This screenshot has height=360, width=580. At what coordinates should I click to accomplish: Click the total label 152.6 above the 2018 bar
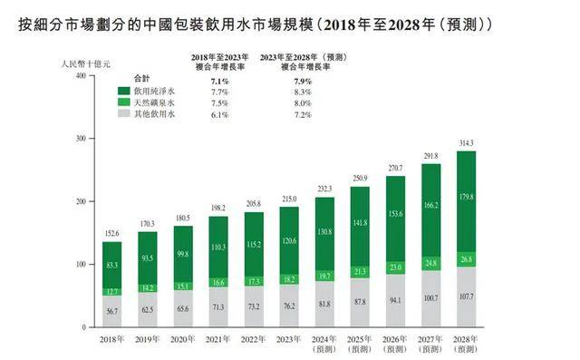click(111, 233)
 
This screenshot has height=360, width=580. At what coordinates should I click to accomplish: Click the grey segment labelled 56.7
click(111, 309)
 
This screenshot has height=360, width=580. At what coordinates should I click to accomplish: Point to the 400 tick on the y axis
click(80, 76)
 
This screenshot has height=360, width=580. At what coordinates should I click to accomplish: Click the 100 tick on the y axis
click(80, 265)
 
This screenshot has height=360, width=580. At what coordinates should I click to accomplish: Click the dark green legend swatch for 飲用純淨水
click(125, 92)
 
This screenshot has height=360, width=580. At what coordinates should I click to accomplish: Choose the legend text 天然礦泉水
click(155, 104)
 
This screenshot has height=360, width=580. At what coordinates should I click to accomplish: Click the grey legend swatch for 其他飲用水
click(125, 116)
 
